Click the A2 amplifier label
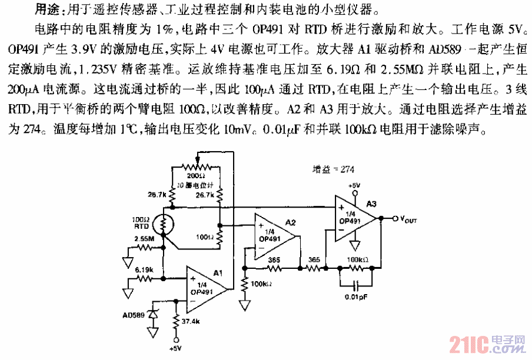pos(290,222)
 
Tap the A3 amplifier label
pos(371,204)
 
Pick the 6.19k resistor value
pos(144,269)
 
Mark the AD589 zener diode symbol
pos(154,315)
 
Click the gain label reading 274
pos(332,169)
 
